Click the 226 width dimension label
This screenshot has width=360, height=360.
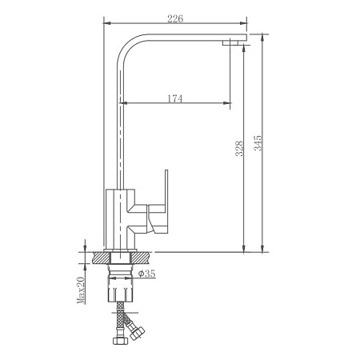175,18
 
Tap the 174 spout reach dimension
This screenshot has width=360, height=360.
175,98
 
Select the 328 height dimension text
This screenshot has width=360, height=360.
239,149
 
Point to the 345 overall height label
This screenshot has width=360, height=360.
258,143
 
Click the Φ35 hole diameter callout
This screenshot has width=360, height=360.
147,274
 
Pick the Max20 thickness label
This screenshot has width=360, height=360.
81,290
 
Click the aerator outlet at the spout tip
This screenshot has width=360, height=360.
230,42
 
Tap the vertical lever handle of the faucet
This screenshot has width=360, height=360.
166,187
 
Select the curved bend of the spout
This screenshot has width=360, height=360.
128,46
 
